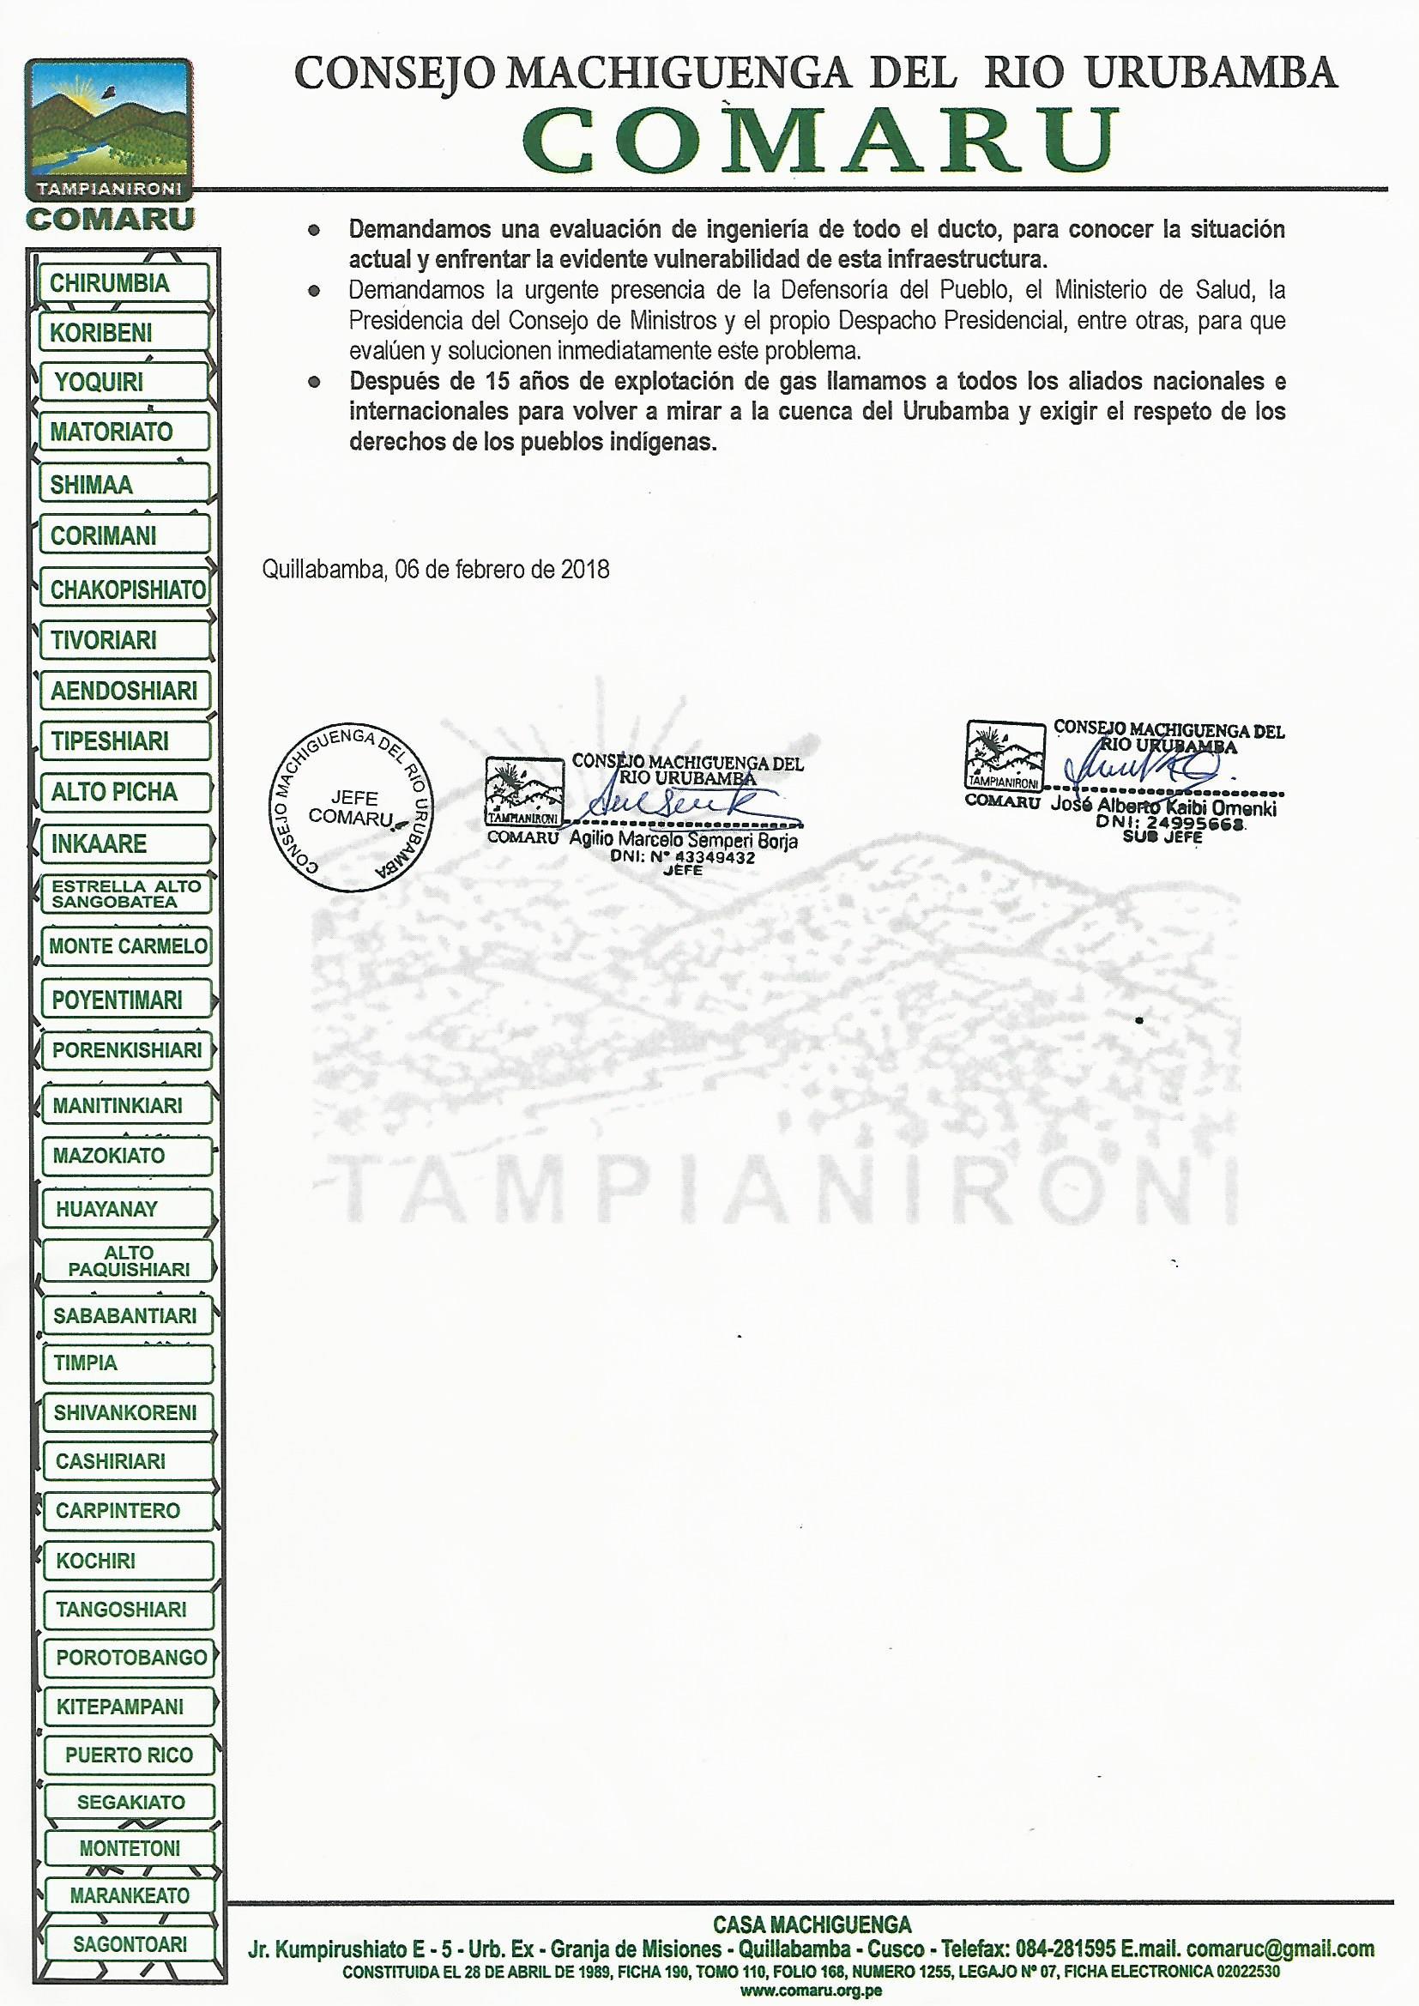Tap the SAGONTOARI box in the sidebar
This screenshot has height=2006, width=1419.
point(130,1944)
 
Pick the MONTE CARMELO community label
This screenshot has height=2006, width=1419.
point(128,946)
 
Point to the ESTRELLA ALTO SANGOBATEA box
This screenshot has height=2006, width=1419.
point(126,894)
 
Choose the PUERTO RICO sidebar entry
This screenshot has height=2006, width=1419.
point(129,1755)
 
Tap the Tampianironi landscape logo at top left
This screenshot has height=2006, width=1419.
point(108,125)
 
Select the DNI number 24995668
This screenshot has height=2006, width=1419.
point(1195,823)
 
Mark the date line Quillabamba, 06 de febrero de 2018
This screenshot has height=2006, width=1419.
point(435,570)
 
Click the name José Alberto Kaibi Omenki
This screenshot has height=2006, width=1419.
point(1163,807)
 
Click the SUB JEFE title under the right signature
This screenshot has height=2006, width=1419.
point(1162,837)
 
